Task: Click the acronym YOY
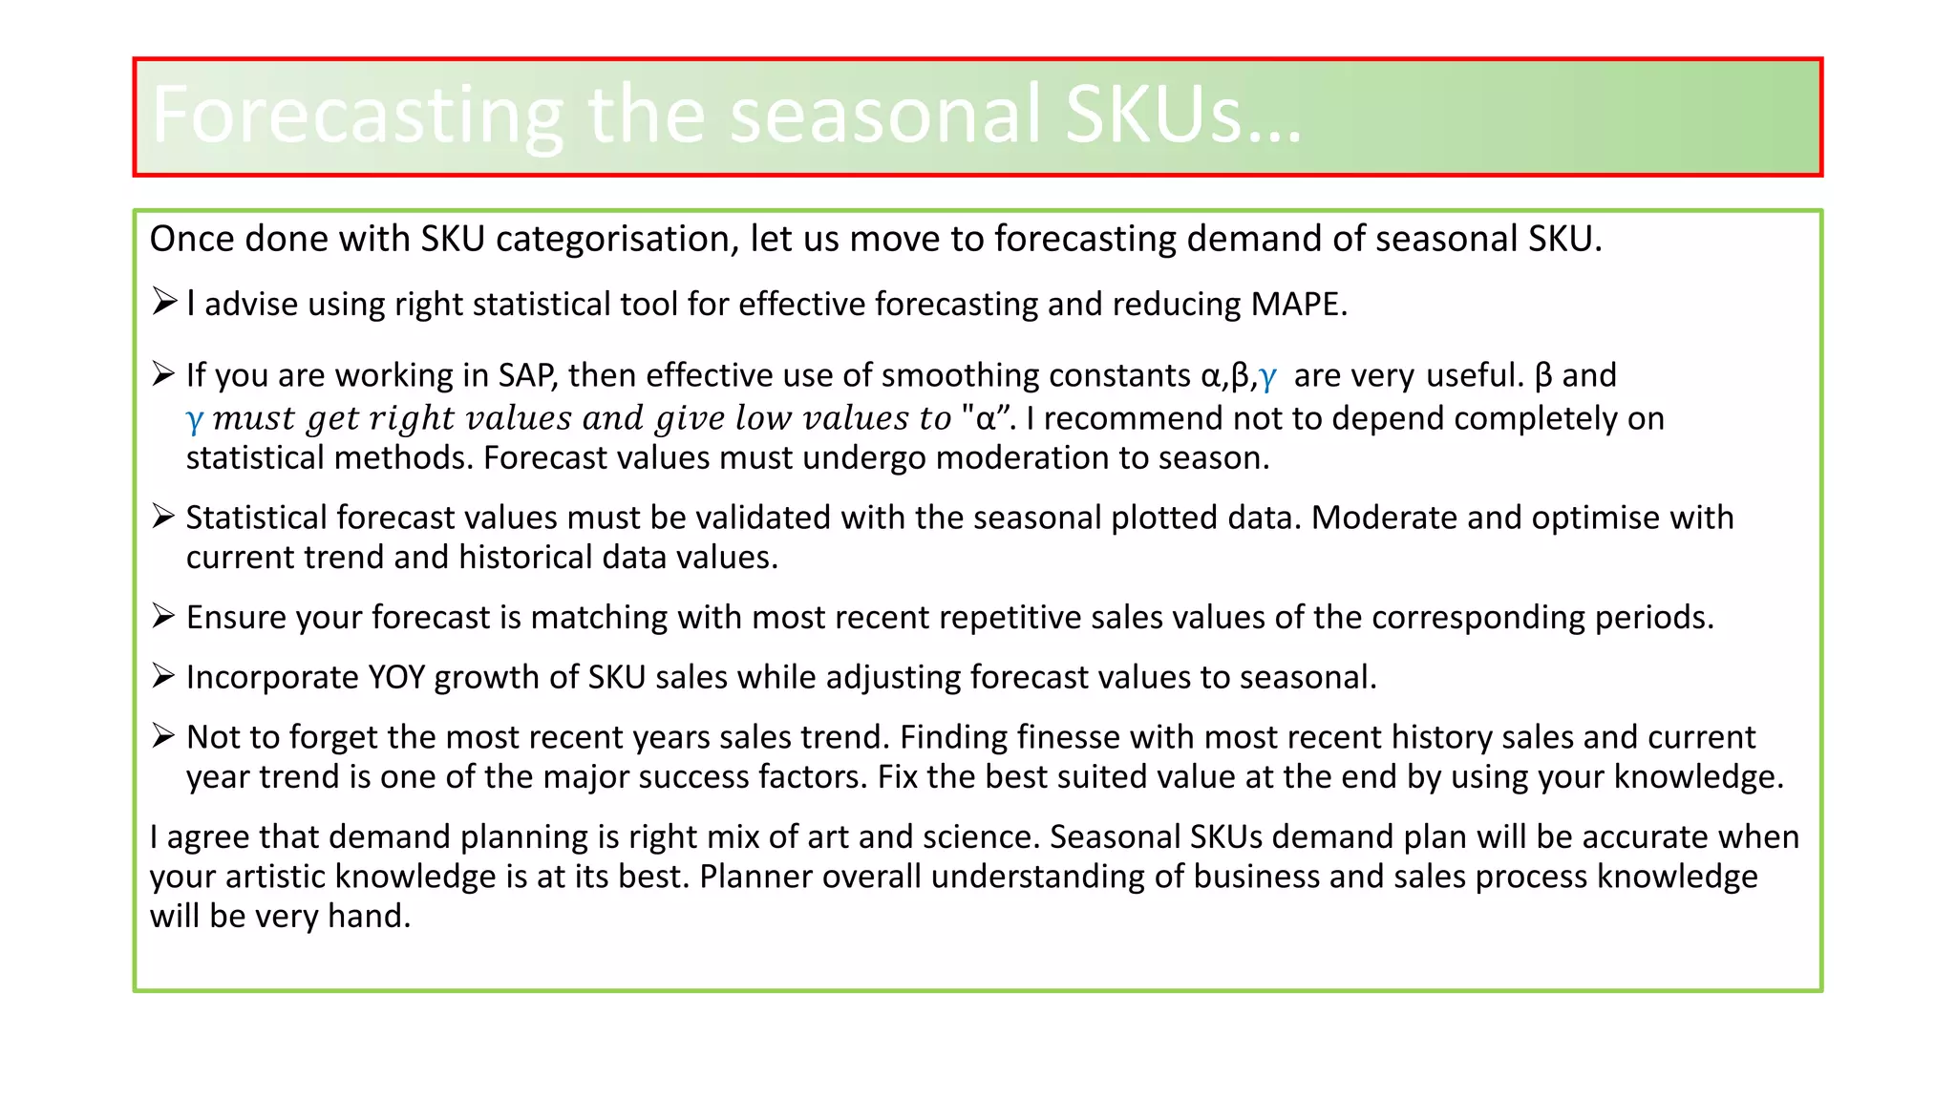coord(396,677)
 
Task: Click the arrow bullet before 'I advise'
coord(164,303)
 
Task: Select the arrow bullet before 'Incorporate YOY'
coord(164,676)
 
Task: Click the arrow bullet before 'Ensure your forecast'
coord(164,616)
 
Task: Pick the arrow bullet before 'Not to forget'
coord(164,735)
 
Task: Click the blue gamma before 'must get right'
coord(194,419)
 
